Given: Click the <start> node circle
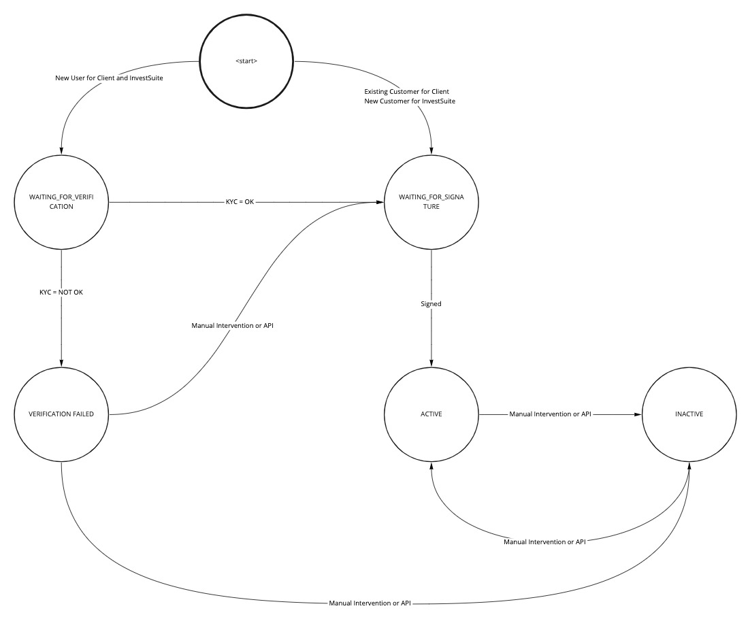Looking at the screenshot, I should pos(246,61).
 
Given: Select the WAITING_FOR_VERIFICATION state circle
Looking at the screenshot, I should pos(61,202).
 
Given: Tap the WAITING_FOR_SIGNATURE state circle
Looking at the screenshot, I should pos(431,202).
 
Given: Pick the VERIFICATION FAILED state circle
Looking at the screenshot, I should pos(61,414).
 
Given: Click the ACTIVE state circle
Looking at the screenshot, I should pos(431,414).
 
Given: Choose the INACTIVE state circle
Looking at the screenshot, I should pos(689,414).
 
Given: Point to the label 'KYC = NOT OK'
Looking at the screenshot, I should pos(61,292).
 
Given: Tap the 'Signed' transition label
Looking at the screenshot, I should pos(431,304).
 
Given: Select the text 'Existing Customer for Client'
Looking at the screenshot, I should pos(406,91).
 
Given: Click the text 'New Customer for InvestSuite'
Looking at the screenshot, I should pos(410,101).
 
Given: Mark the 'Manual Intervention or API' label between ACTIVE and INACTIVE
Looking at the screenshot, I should pos(551,414).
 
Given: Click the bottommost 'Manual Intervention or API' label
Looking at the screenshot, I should pos(370,603).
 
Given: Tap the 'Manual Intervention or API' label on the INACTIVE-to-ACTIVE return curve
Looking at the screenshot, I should pos(544,542).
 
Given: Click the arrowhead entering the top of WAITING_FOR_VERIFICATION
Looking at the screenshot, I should pos(61,150).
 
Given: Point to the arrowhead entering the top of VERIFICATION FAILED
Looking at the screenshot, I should pos(61,362).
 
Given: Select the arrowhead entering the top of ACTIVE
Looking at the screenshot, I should pos(431,362).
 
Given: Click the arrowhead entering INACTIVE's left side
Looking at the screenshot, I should pos(638,414).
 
